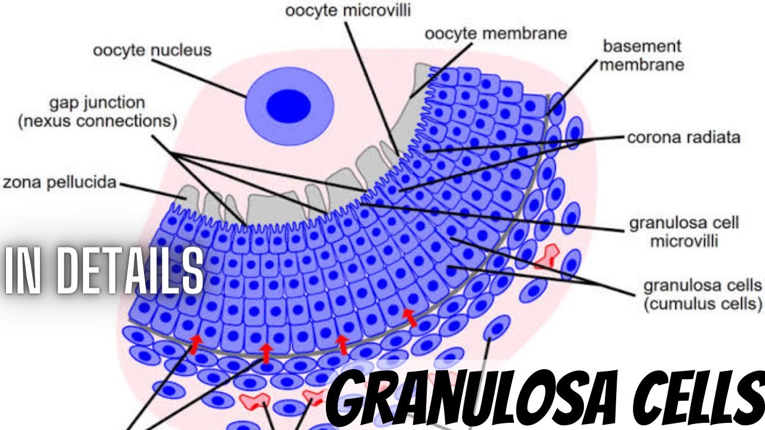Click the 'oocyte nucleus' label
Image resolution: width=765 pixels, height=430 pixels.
click(x=152, y=51)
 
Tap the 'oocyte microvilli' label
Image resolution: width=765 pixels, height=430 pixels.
click(x=348, y=11)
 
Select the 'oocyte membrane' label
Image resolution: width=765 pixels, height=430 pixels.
click(x=496, y=34)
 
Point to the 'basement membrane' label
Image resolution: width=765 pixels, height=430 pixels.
click(x=642, y=56)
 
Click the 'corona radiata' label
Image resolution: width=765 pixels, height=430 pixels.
click(x=684, y=137)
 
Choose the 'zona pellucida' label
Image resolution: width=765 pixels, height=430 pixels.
click(x=60, y=182)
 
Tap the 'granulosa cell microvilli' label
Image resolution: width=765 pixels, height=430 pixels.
click(x=684, y=232)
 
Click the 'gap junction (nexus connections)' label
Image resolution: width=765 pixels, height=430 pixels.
click(x=97, y=112)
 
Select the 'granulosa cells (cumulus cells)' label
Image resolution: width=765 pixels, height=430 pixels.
click(x=703, y=294)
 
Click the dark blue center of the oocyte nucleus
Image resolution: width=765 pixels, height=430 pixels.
click(x=289, y=106)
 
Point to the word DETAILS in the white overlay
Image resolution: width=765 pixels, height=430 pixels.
click(x=130, y=270)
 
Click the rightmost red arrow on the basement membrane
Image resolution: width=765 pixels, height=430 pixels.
click(x=409, y=317)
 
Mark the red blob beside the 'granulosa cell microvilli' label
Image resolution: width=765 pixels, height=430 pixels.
click(x=548, y=257)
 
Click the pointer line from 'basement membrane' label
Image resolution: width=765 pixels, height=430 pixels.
click(x=572, y=87)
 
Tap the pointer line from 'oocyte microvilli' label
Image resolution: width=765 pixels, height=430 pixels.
click(x=372, y=89)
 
